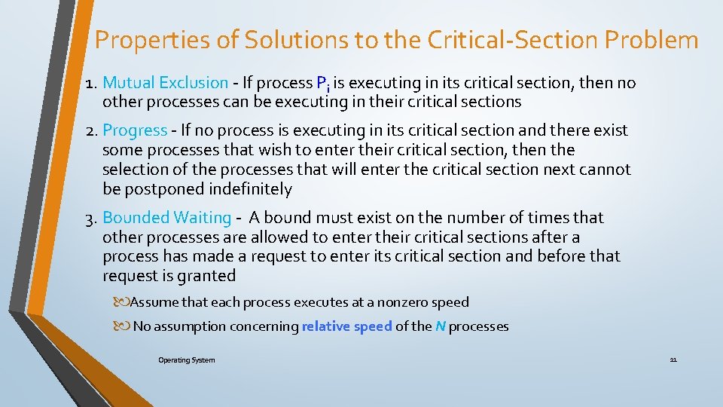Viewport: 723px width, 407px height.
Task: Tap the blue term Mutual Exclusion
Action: point(165,83)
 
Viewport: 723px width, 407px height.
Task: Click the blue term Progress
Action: point(135,130)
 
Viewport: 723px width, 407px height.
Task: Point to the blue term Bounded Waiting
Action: point(166,218)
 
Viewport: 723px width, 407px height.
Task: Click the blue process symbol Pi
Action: point(322,84)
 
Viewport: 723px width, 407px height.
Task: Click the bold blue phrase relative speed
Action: point(346,326)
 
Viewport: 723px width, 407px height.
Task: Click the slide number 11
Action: point(673,360)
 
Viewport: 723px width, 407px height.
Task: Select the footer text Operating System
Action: point(186,360)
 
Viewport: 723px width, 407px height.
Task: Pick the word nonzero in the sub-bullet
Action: point(401,302)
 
